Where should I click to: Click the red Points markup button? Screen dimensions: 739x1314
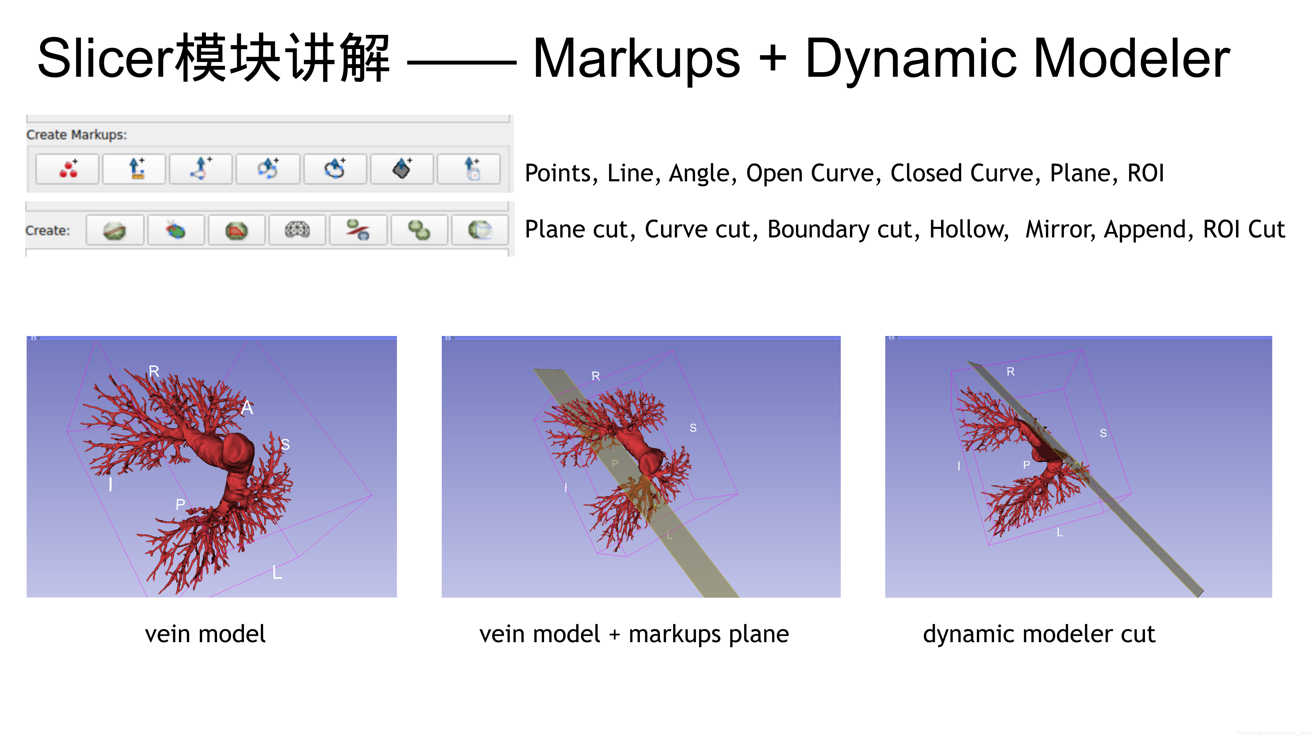point(67,169)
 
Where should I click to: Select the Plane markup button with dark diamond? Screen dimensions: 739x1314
point(402,169)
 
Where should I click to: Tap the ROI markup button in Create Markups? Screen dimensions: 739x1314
point(469,169)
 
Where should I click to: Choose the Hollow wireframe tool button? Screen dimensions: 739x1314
point(297,230)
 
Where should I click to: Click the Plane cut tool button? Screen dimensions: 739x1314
point(114,230)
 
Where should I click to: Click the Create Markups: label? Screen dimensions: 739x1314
point(77,135)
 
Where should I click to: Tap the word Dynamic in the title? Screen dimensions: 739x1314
point(911,59)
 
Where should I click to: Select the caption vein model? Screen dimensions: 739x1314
point(205,634)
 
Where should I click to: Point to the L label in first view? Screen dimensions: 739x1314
point(277,572)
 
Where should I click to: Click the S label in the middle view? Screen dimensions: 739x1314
point(693,428)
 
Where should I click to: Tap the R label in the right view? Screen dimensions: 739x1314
point(1010,372)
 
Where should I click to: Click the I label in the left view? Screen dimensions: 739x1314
point(111,484)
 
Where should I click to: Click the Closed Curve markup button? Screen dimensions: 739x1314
point(335,169)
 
